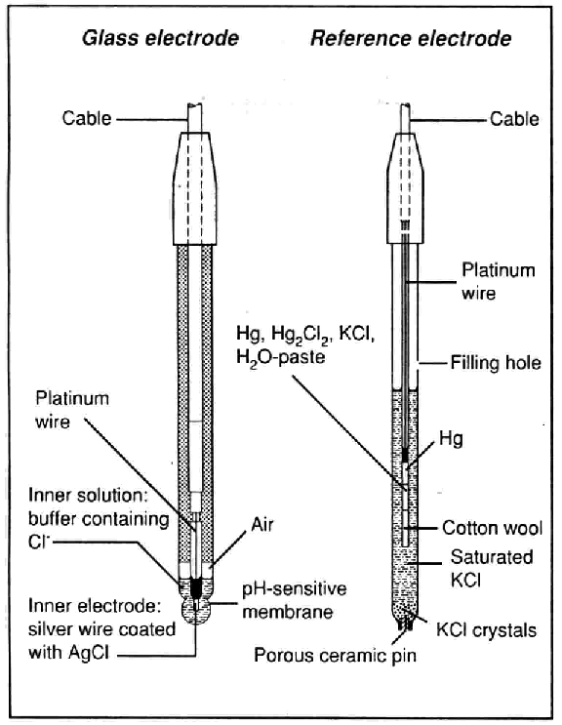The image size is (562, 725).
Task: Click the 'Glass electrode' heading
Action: [x=160, y=38]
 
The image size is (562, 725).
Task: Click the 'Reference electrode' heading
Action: [x=411, y=38]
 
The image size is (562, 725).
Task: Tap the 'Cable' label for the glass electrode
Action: [x=87, y=118]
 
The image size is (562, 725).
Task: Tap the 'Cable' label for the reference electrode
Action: [x=514, y=119]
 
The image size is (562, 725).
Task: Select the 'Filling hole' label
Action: [x=496, y=363]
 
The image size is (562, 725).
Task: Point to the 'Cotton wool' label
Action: [x=492, y=528]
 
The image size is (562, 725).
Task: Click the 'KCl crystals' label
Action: [x=486, y=630]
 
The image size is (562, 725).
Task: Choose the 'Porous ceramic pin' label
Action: [x=335, y=655]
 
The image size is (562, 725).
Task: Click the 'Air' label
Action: [x=262, y=525]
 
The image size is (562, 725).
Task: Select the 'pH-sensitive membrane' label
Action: [x=295, y=600]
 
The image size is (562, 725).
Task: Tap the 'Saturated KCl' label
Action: [x=492, y=568]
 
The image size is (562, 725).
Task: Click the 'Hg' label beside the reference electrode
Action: [x=451, y=438]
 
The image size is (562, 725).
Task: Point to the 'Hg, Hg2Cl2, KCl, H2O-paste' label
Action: [x=305, y=344]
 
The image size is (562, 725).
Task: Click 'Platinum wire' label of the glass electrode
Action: [x=72, y=410]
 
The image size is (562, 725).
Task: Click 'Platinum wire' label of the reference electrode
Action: [x=499, y=281]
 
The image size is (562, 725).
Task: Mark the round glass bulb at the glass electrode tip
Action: [x=197, y=611]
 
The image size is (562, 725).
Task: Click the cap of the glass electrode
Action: [x=194, y=188]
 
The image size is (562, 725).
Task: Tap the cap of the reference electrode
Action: [x=405, y=188]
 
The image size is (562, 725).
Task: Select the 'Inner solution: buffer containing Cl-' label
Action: [x=99, y=519]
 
